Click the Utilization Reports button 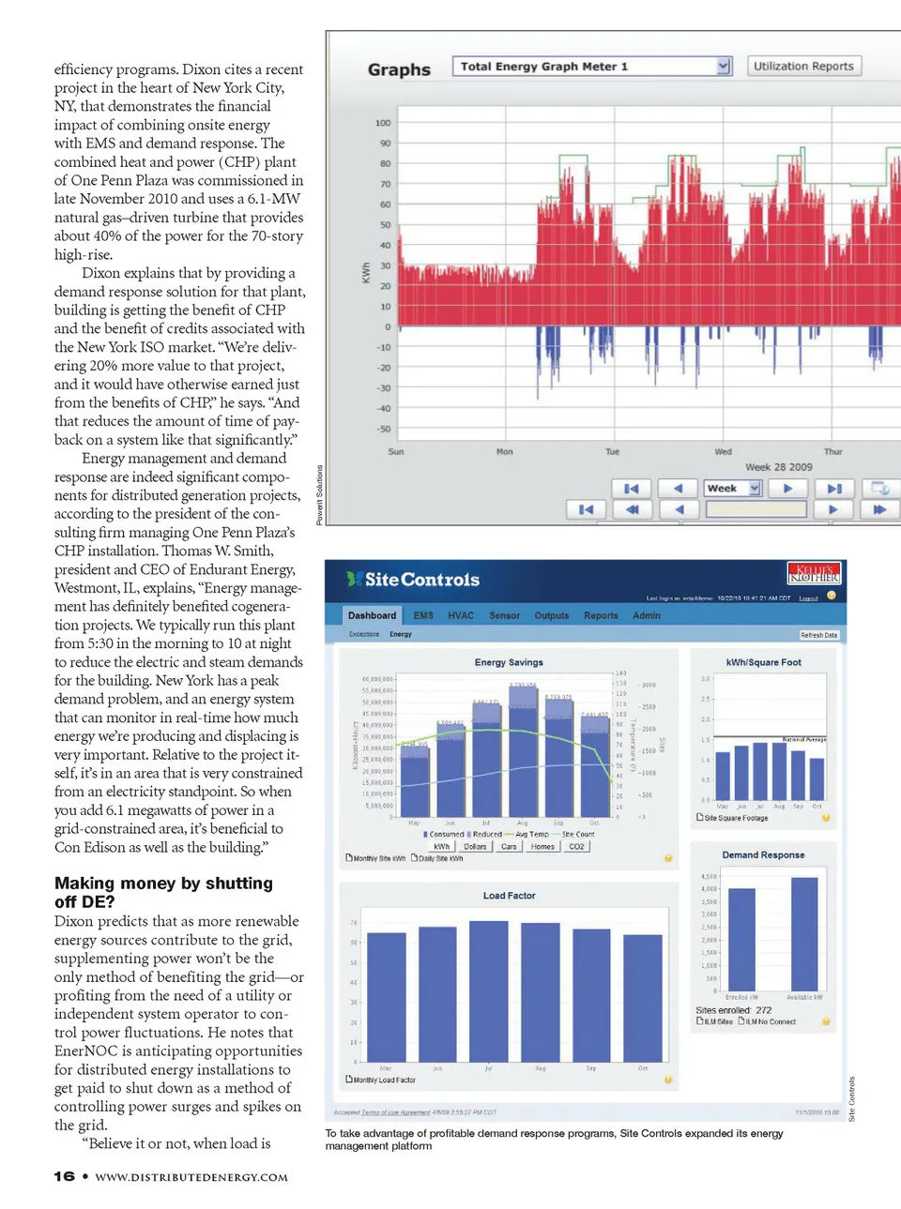point(803,67)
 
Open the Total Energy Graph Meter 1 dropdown point(723,67)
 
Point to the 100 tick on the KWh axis point(383,123)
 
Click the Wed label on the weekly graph point(723,451)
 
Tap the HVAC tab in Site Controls point(461,615)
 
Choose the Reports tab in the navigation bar point(601,615)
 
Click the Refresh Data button point(818,635)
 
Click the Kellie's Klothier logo point(814,573)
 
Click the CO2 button point(576,846)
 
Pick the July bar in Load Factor point(488,990)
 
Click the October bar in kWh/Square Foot point(817,778)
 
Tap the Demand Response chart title point(763,854)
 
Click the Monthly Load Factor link point(384,1080)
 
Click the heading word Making point(83,884)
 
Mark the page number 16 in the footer point(64,1176)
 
